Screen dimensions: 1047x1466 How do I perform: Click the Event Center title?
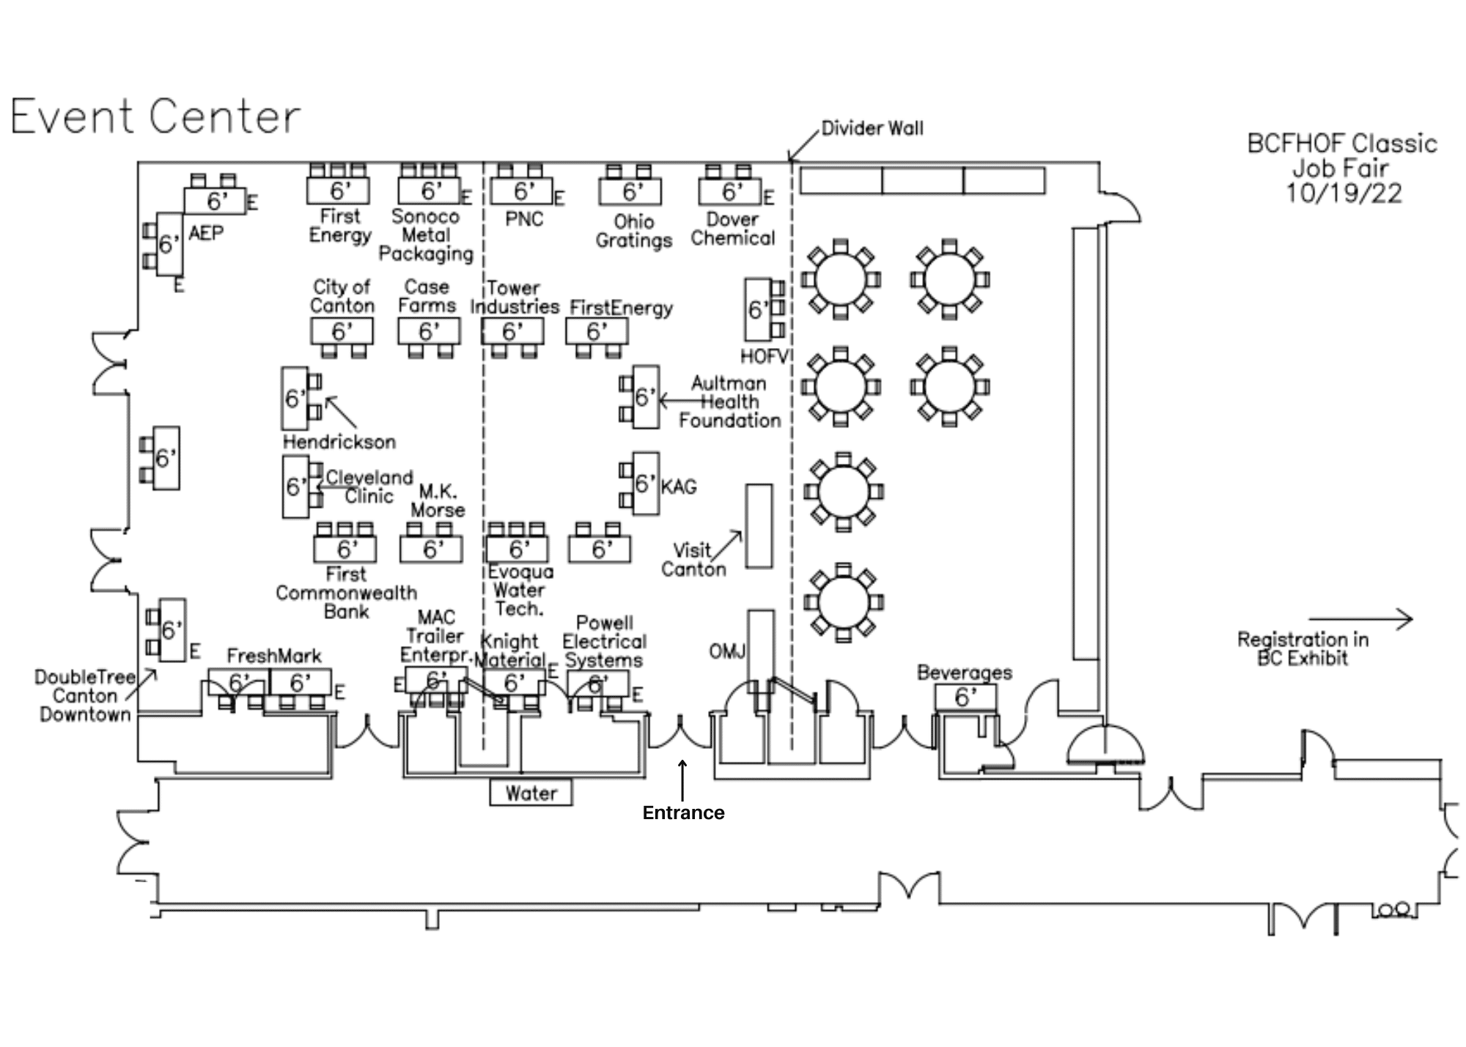tap(155, 117)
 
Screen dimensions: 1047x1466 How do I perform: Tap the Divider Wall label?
tap(872, 128)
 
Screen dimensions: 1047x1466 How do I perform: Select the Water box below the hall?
tap(531, 793)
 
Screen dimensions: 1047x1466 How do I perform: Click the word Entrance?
tap(683, 813)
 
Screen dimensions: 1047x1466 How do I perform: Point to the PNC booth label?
tap(524, 219)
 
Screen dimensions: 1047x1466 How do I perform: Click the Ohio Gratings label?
tap(633, 231)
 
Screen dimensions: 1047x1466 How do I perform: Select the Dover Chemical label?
tap(732, 229)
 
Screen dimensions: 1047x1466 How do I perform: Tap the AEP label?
tap(206, 234)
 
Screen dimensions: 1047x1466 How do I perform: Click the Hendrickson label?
tap(339, 442)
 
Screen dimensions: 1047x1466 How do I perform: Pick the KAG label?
tap(679, 486)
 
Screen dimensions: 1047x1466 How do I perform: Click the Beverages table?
tap(965, 697)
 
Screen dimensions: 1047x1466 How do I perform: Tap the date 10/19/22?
tap(1344, 193)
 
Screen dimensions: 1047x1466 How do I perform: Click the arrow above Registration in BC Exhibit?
tap(1360, 619)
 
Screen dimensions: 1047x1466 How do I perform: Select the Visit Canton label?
tap(693, 560)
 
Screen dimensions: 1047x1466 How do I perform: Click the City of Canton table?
tap(342, 331)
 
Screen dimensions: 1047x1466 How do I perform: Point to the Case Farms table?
tap(429, 331)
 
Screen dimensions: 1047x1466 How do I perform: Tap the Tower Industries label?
tap(515, 297)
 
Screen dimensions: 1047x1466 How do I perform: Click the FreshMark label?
tap(274, 656)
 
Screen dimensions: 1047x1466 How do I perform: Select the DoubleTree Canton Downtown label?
tap(85, 695)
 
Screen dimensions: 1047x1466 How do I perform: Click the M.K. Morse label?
tap(438, 500)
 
